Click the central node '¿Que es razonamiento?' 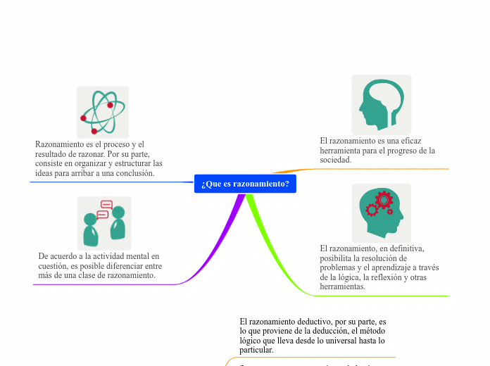pos(245,184)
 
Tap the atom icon pos(103,112)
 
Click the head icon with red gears pos(381,213)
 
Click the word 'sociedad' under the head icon pos(335,160)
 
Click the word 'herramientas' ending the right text pos(342,286)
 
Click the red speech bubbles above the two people pos(104,209)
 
